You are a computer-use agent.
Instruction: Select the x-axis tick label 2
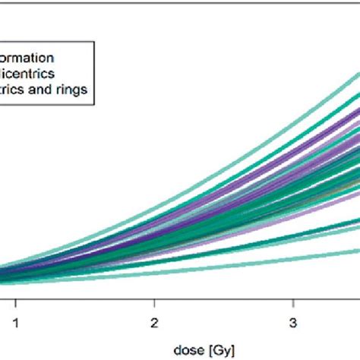click(154, 321)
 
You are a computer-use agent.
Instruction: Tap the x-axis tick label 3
click(293, 321)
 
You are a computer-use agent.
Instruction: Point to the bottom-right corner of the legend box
click(94, 102)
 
